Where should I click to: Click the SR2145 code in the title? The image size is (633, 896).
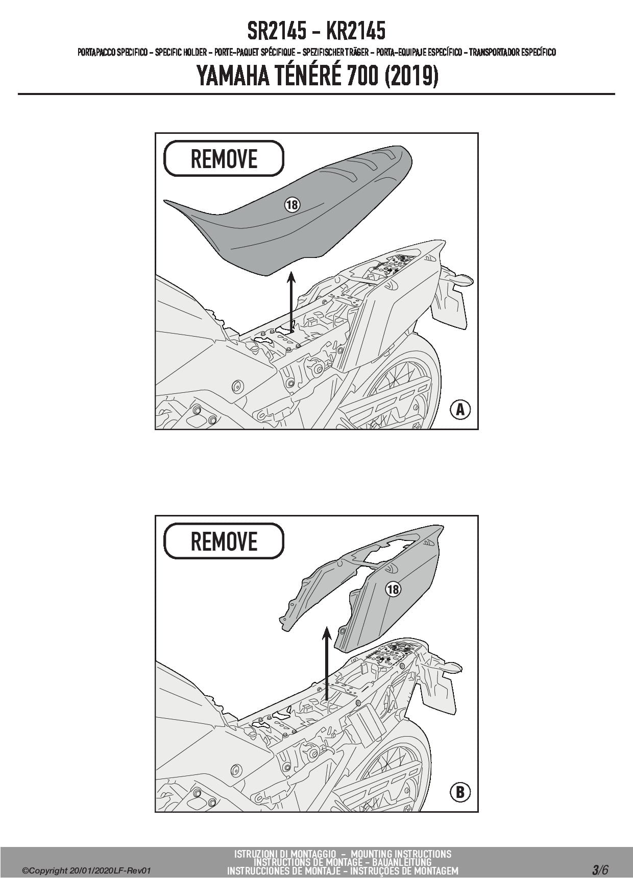(x=277, y=31)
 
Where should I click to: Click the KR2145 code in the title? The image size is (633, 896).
(x=355, y=31)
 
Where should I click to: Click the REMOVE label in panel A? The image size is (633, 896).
(x=224, y=159)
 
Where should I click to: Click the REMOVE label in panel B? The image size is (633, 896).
(x=224, y=541)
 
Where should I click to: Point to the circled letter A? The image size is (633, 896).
(x=460, y=409)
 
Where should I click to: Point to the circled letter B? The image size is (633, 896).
(x=460, y=792)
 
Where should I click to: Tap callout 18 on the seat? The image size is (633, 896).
(x=291, y=205)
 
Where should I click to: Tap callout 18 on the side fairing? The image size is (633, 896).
(x=393, y=589)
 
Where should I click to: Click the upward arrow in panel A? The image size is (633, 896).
(x=291, y=303)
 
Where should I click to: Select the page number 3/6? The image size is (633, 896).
(x=600, y=870)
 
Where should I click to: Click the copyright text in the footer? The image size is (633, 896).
(x=87, y=871)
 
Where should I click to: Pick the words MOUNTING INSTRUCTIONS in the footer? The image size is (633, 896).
(x=401, y=854)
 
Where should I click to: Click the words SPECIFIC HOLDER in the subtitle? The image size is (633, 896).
(x=181, y=52)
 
